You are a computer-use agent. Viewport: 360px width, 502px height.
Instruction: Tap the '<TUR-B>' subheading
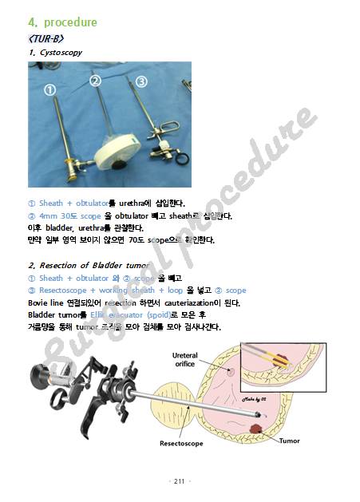coord(47,38)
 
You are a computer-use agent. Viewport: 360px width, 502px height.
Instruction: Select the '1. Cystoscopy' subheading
coord(55,53)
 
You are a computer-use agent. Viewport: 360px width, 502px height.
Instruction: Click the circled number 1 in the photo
coord(49,90)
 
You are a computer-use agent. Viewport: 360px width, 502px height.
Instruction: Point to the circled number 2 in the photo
coord(96,81)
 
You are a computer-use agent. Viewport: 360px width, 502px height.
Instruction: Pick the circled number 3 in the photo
coord(141,81)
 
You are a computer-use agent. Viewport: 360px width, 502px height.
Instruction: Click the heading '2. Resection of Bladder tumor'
coord(89,265)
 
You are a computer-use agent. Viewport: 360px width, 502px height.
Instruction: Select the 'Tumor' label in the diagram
coord(288,440)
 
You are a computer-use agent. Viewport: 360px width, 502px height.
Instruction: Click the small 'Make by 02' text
coord(257,396)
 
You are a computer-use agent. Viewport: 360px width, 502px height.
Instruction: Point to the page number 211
coord(179,481)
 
